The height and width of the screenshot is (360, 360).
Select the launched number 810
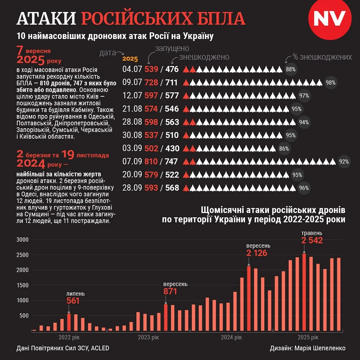pos(151,162)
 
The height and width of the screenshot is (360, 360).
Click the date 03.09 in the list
pos(132,148)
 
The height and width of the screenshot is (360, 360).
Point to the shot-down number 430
pos(172,148)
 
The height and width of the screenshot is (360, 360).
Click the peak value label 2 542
pos(312,240)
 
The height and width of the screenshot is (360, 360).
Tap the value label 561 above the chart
pos(73,301)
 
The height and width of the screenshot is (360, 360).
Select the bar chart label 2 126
pos(257,253)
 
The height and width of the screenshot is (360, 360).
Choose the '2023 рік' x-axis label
pos(148,338)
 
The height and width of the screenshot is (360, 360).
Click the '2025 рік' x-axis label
pos(308,338)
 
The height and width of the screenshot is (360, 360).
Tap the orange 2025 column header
pos(130,59)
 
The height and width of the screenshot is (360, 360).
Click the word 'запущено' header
pos(172,49)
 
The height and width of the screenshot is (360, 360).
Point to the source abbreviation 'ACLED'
pos(100,348)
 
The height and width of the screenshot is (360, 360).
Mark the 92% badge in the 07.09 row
pos(344,162)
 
